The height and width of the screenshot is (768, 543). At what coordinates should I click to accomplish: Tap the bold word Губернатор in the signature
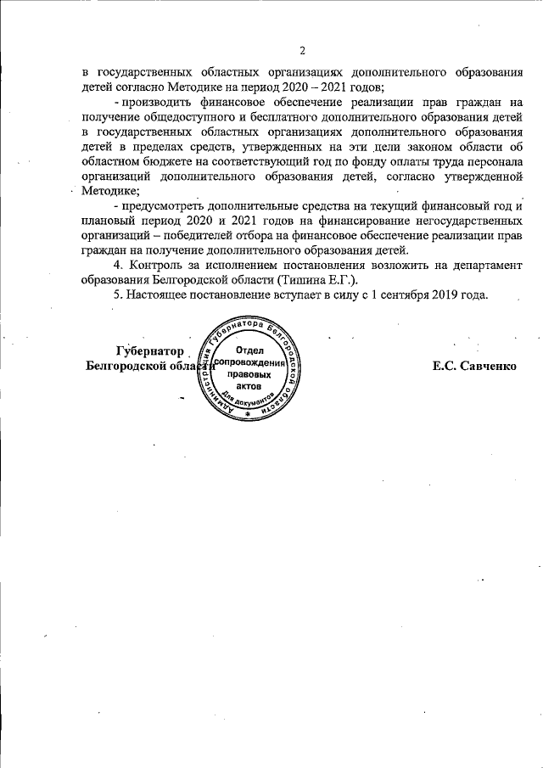pos(149,350)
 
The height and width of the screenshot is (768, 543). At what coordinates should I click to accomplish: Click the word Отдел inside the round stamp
pos(249,350)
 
